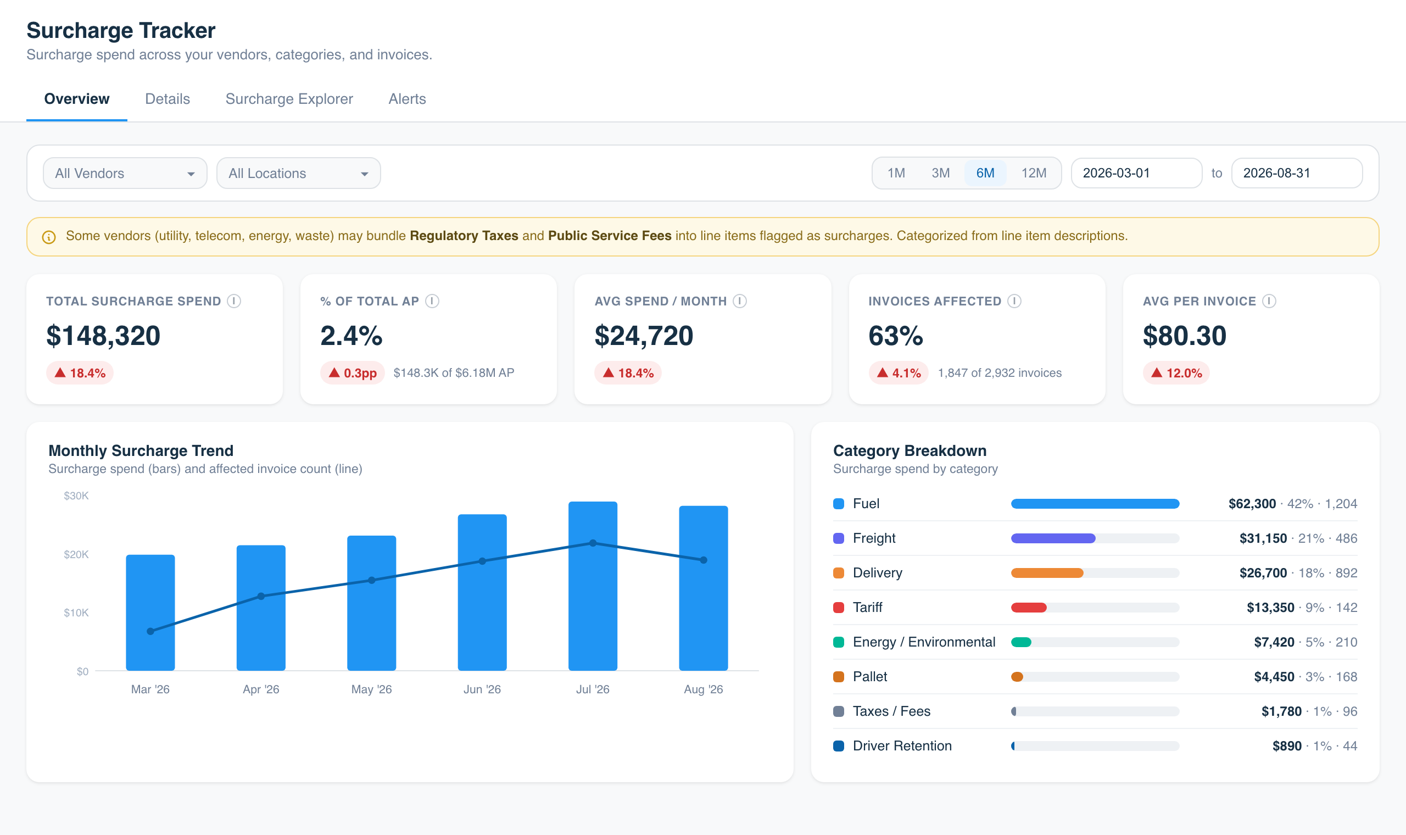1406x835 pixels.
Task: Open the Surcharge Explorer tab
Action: (x=289, y=99)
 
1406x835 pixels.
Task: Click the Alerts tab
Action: (x=407, y=99)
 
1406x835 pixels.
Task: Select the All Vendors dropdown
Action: (x=125, y=173)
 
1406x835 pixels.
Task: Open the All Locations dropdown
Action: (x=299, y=173)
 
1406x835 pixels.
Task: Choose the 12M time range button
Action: (x=1034, y=172)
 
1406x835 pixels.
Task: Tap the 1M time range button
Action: (x=896, y=172)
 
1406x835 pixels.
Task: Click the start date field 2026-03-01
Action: (x=1136, y=172)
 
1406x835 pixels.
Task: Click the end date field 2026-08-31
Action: (x=1296, y=172)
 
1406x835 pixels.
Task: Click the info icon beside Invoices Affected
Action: (x=1014, y=301)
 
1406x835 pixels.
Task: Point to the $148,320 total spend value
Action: (x=103, y=336)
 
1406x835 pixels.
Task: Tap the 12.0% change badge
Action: (x=1176, y=373)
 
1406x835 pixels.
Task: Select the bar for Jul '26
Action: (x=593, y=586)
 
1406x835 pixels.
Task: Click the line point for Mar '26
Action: (x=150, y=631)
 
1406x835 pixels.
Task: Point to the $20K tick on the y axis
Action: (x=76, y=554)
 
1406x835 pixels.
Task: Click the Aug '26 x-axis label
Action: (x=703, y=689)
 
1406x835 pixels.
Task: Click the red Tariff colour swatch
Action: (x=839, y=608)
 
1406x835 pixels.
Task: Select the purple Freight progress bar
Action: (x=1053, y=538)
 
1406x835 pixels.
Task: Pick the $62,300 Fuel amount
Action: (x=1252, y=504)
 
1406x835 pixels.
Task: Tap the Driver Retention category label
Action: (x=902, y=746)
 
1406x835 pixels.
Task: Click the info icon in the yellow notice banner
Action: (x=49, y=237)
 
